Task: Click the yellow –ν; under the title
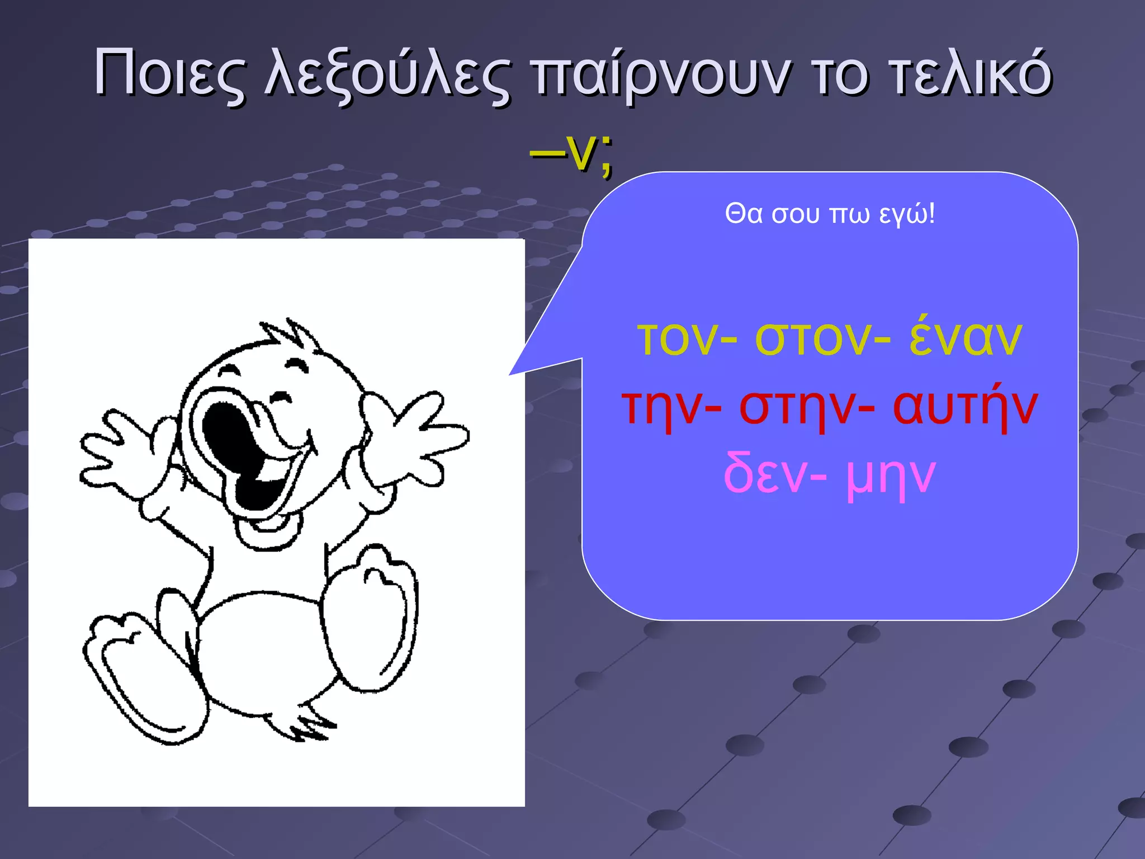[571, 153]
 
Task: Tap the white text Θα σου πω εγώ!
[830, 214]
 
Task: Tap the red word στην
[797, 407]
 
